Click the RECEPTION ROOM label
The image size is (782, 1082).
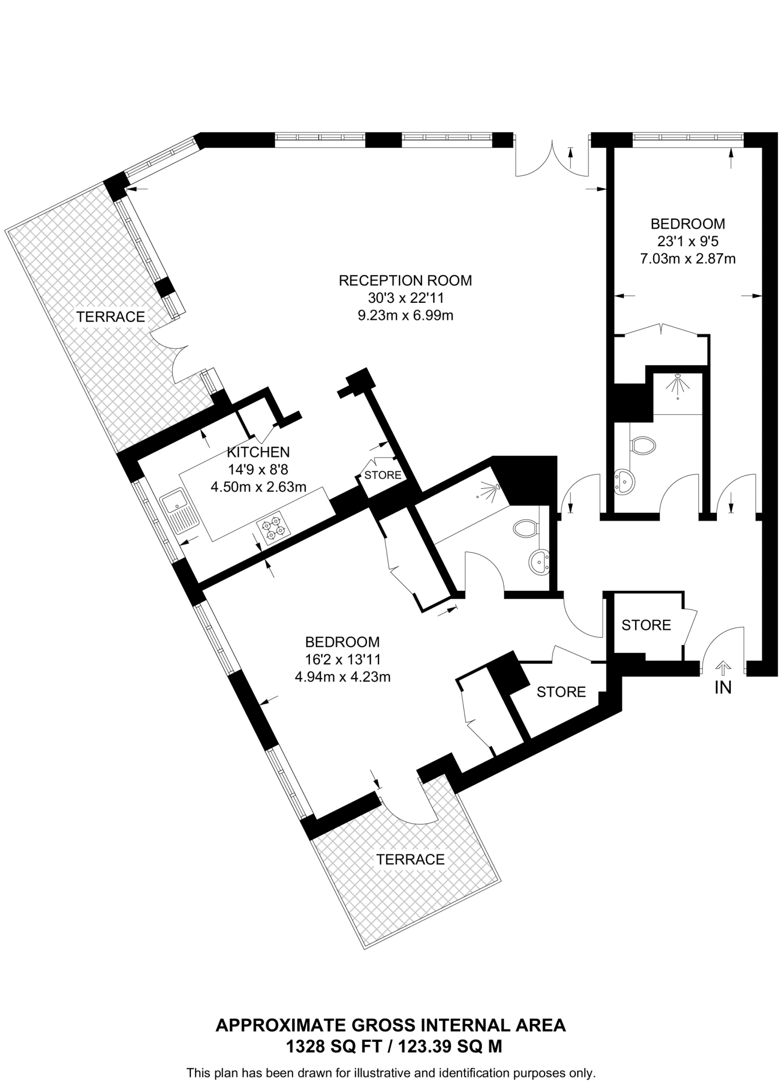pos(405,280)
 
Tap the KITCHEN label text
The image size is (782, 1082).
pos(258,452)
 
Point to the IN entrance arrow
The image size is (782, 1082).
pos(723,668)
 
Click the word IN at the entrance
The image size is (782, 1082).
pos(723,687)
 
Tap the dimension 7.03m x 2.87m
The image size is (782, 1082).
pos(687,259)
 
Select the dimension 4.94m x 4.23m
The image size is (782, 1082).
pos(342,677)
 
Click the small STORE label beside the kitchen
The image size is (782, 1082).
pos(383,475)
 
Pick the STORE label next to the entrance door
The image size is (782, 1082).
pos(646,625)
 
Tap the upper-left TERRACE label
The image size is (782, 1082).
pos(111,316)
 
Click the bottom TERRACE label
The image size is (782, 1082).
pos(410,859)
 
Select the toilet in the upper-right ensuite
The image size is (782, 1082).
pos(643,445)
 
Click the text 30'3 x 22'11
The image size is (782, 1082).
pos(406,298)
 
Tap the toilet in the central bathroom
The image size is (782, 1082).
pos(525,527)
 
